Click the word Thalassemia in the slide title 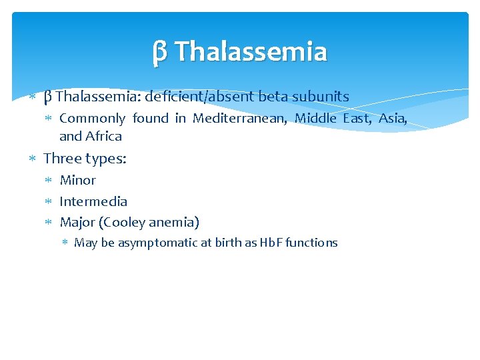[251, 52]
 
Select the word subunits [321, 97]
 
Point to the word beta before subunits [273, 97]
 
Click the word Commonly [92, 119]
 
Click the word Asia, [393, 119]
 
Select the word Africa [103, 137]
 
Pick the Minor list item [78, 180]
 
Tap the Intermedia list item [93, 201]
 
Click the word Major [77, 223]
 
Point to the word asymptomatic [156, 243]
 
